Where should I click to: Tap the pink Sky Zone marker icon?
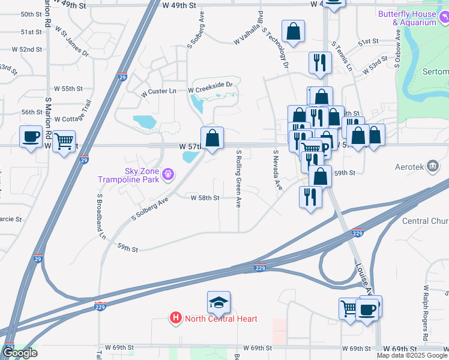[168, 175]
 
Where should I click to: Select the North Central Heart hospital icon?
[176, 317]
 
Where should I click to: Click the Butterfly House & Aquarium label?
[414, 17]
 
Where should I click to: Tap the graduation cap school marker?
[219, 304]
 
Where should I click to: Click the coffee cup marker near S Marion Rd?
[31, 137]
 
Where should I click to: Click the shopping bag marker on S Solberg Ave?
[212, 138]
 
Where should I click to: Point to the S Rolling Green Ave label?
[238, 179]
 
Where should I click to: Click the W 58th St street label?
[205, 197]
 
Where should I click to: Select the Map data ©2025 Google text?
[412, 356]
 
